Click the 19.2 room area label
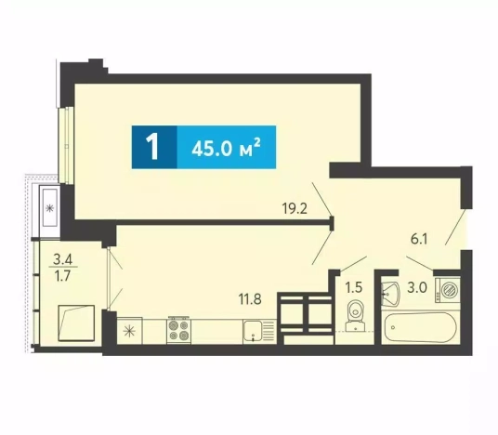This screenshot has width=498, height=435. [x=295, y=209]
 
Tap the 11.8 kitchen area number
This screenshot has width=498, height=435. [x=250, y=299]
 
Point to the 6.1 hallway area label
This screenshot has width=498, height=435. [x=419, y=239]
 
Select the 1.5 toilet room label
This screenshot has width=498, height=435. [x=354, y=287]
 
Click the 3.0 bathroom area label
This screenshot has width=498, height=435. [x=418, y=287]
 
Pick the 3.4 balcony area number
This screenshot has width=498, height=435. [x=62, y=260]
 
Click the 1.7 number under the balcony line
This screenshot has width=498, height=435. [x=62, y=276]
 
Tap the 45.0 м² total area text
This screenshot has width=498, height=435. [x=226, y=148]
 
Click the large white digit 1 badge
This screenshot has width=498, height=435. [x=153, y=147]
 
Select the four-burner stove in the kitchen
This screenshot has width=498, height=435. [x=179, y=330]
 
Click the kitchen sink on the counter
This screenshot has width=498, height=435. [x=259, y=332]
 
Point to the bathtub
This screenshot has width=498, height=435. [x=420, y=327]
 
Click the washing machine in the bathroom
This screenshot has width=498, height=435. [x=448, y=289]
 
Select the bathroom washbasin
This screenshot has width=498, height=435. [x=390, y=294]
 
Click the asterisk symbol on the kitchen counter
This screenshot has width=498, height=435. [x=129, y=332]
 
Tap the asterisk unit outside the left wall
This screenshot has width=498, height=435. [x=49, y=208]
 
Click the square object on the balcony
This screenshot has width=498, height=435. [x=76, y=323]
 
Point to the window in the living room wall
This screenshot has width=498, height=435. [x=66, y=145]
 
